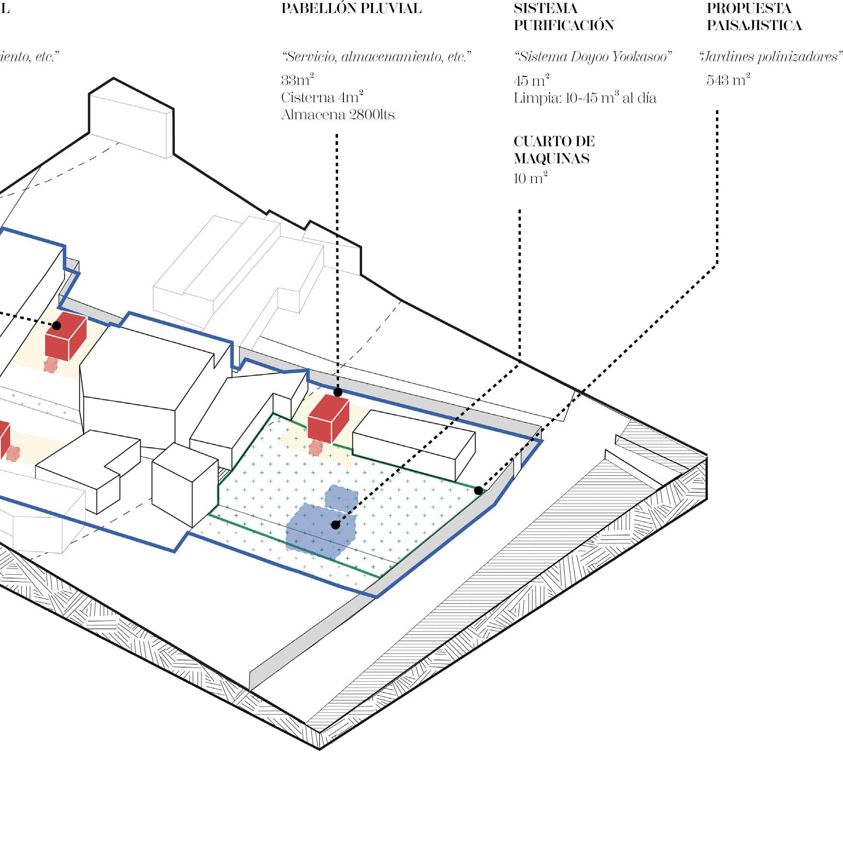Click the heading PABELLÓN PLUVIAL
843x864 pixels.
(x=351, y=9)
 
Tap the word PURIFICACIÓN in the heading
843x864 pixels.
(x=564, y=25)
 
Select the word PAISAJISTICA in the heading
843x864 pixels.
(x=754, y=25)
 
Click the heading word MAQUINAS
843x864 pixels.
(x=551, y=159)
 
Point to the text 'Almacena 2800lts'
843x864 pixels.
(x=338, y=115)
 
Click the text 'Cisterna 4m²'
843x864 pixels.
(x=322, y=97)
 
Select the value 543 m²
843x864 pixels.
(x=728, y=80)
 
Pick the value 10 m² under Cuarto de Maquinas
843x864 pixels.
(x=530, y=179)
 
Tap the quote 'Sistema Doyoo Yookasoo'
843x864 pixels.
(x=592, y=57)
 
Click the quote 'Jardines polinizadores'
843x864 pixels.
(x=770, y=57)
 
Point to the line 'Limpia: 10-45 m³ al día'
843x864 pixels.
(x=585, y=98)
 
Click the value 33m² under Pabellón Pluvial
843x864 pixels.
(x=297, y=80)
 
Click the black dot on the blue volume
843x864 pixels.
(x=336, y=525)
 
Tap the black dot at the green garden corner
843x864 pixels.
(x=478, y=490)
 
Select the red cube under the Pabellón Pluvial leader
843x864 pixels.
(x=328, y=419)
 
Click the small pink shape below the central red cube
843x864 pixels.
(x=316, y=448)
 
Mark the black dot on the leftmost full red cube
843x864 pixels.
(x=57, y=326)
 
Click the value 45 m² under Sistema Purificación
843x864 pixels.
(x=531, y=80)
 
